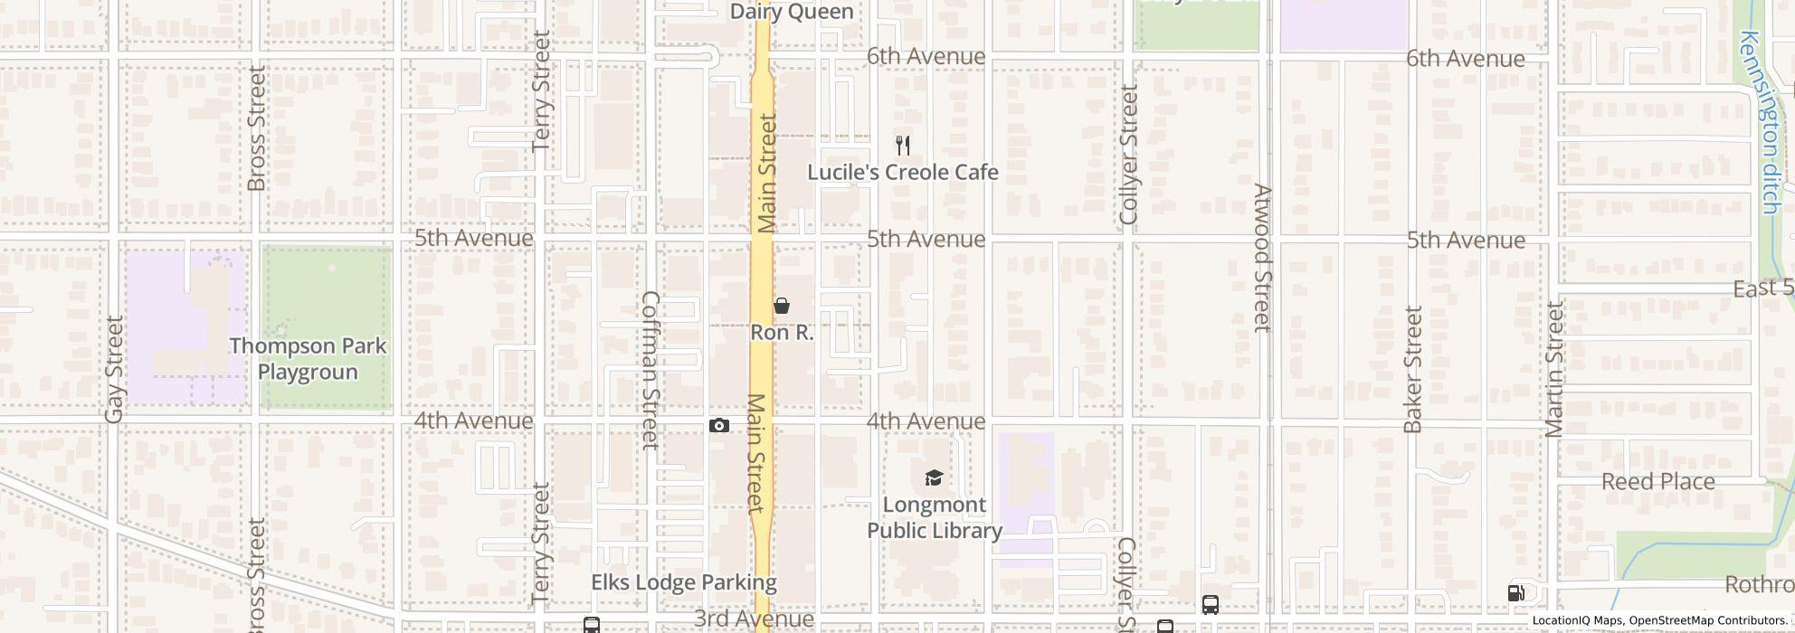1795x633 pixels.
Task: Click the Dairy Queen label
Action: [x=792, y=12]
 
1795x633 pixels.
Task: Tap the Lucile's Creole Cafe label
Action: [x=902, y=172]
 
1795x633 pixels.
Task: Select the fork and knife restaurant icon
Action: [x=902, y=145]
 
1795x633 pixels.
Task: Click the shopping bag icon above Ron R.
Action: [x=782, y=306]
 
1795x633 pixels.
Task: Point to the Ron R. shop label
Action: [x=782, y=332]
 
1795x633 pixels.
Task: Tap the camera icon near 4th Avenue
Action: [x=719, y=425]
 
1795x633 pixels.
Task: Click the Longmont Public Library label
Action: [x=934, y=517]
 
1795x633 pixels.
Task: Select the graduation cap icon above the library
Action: [x=934, y=477]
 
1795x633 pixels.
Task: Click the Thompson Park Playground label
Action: [x=308, y=358]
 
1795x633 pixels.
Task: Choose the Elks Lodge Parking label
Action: [x=684, y=582]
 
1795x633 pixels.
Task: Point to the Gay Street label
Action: [x=114, y=369]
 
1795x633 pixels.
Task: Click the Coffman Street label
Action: [x=651, y=370]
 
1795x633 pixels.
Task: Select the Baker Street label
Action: [x=1413, y=369]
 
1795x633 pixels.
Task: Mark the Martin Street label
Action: [x=1554, y=369]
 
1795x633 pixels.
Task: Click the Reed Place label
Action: [x=1657, y=481]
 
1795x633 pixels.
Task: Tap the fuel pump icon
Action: [x=1516, y=593]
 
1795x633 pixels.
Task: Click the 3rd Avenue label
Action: [x=754, y=619]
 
